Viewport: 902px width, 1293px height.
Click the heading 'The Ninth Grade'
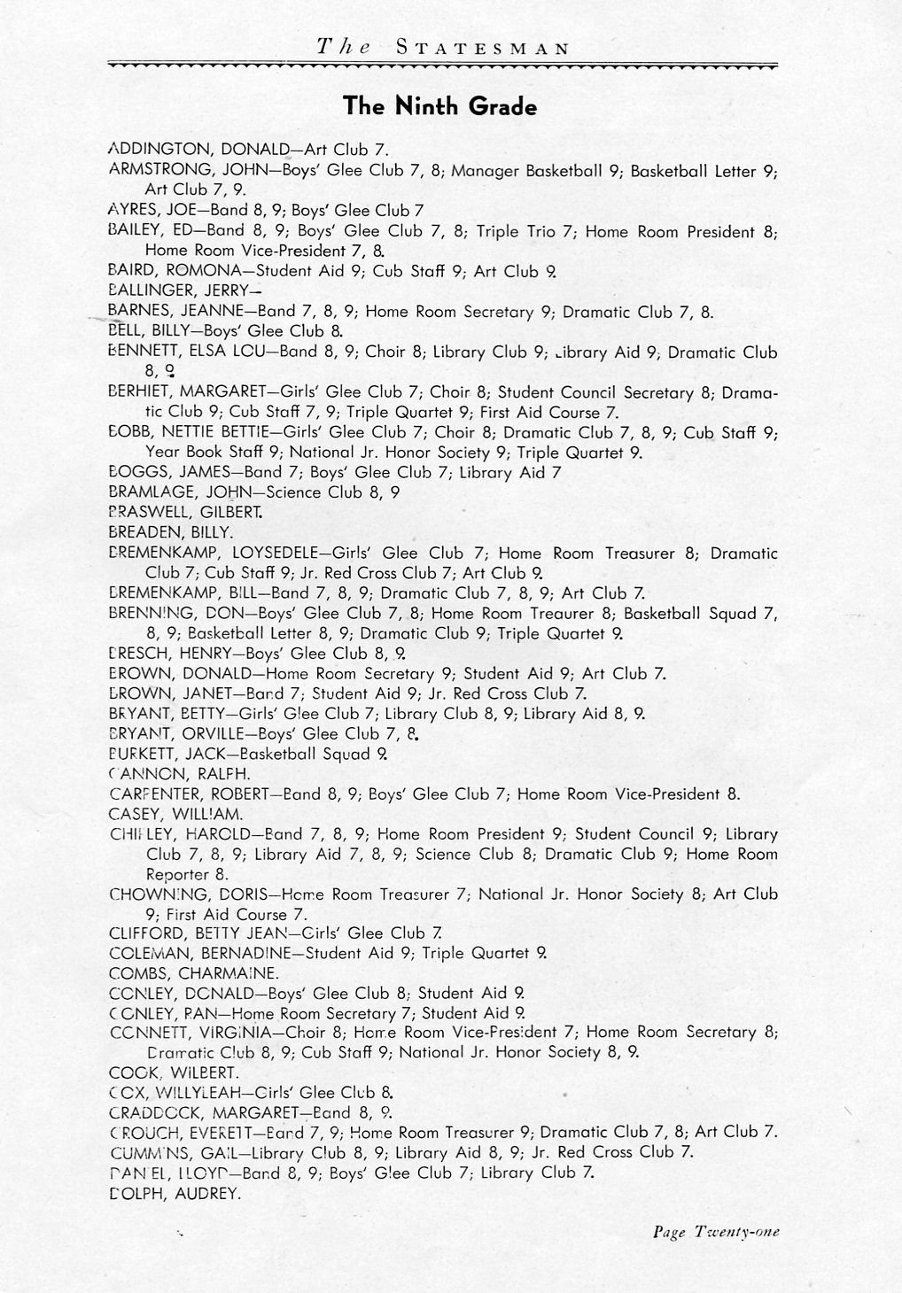click(x=439, y=107)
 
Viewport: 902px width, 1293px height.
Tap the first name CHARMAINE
click(x=222, y=972)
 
